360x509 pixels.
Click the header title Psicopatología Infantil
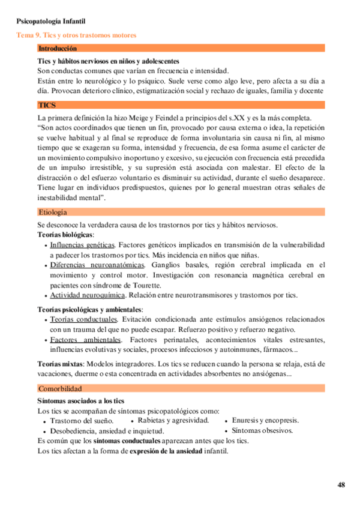(51, 22)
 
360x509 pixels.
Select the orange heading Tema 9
(76, 35)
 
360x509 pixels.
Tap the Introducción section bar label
(58, 48)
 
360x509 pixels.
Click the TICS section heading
(47, 105)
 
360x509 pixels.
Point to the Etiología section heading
(52, 212)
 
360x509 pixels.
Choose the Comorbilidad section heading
(60, 388)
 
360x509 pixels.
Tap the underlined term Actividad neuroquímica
(88, 295)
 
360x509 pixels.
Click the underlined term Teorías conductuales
(83, 319)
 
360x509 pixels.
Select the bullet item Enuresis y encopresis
(265, 420)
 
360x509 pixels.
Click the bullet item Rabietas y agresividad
(173, 420)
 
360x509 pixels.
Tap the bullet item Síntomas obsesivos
(262, 430)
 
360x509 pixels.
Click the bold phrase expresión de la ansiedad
(167, 451)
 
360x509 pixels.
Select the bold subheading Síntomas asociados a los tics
(81, 400)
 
